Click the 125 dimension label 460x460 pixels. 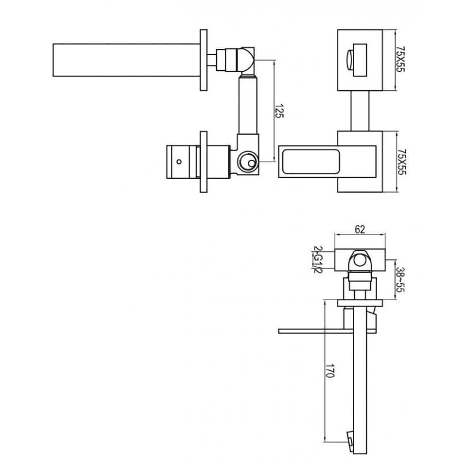(x=279, y=110)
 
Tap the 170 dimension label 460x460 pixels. (x=330, y=370)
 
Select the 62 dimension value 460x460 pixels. (x=360, y=229)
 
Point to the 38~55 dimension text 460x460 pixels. (x=400, y=279)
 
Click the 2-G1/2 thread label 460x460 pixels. (x=318, y=260)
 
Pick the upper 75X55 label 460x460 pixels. (x=400, y=59)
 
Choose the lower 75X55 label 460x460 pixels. (x=401, y=162)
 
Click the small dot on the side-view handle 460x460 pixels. (x=179, y=162)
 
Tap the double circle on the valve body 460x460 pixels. (x=248, y=162)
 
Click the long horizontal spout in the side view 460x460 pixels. (x=126, y=60)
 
